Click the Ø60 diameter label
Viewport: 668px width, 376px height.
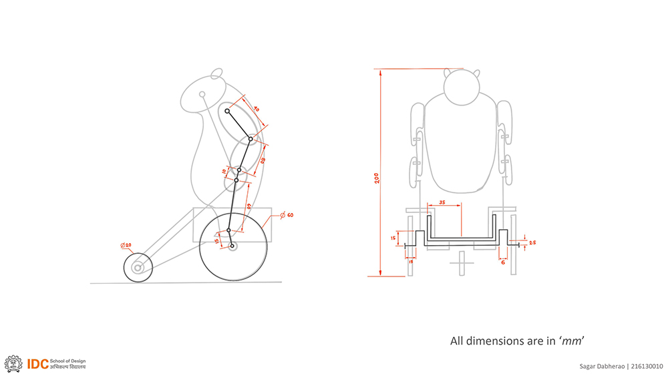click(288, 214)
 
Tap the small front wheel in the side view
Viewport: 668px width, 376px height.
click(138, 268)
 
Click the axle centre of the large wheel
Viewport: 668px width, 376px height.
click(233, 246)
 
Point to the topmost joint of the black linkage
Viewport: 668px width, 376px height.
click(227, 111)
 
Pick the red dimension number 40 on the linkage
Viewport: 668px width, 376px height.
click(256, 108)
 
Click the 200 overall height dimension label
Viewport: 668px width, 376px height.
click(377, 178)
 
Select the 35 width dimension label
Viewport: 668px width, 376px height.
click(442, 202)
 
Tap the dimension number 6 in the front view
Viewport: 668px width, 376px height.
click(502, 262)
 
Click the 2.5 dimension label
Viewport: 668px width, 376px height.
click(532, 242)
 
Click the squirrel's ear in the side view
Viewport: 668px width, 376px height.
click(216, 73)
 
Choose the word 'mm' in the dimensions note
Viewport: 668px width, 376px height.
click(571, 341)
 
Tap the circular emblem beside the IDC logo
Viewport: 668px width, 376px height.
click(13, 363)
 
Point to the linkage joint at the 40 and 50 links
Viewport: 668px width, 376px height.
click(251, 139)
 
